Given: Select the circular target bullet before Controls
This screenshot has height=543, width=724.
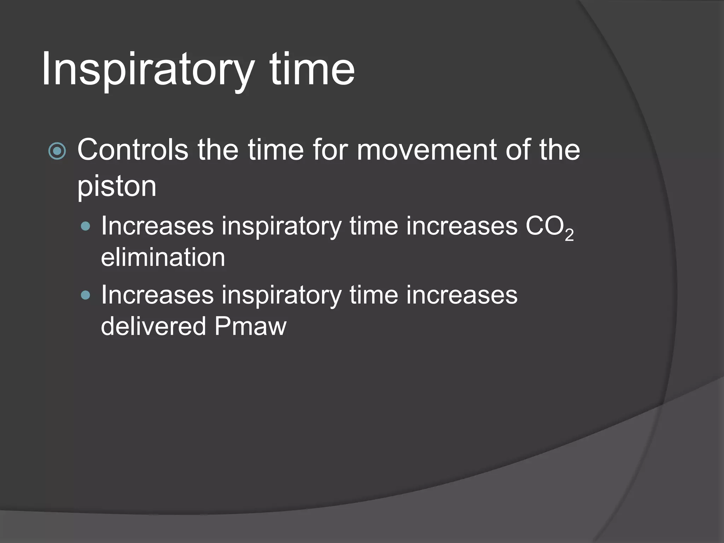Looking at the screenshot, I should (57, 152).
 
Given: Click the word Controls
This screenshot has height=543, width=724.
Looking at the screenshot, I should (133, 150).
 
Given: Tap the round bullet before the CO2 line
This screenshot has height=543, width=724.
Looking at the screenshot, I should (86, 226).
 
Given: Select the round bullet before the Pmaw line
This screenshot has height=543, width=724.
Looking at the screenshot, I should (86, 295).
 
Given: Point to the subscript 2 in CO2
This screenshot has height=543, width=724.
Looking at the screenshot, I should (569, 235).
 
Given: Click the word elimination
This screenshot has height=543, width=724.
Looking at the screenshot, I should (163, 257).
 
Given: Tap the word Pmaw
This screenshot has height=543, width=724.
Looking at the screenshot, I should (250, 326).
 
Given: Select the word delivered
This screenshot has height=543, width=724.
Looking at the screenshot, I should (153, 326).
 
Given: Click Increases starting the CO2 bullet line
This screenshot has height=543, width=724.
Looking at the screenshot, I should (157, 226).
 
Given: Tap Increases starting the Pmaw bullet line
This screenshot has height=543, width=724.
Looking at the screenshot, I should (157, 295).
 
